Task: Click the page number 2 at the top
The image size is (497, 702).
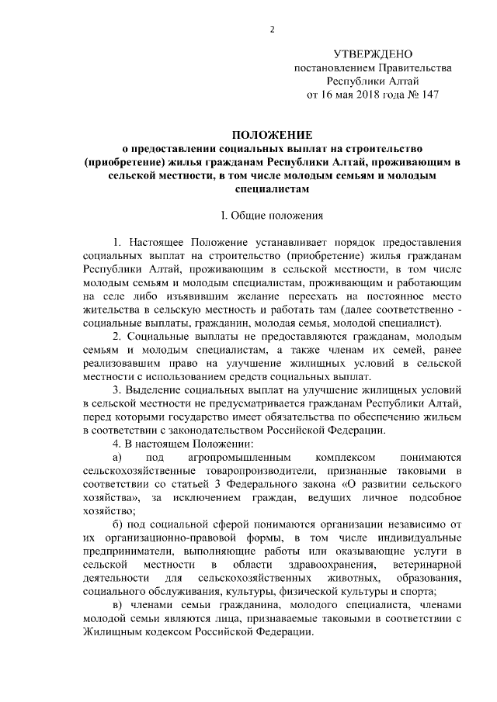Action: click(273, 30)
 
